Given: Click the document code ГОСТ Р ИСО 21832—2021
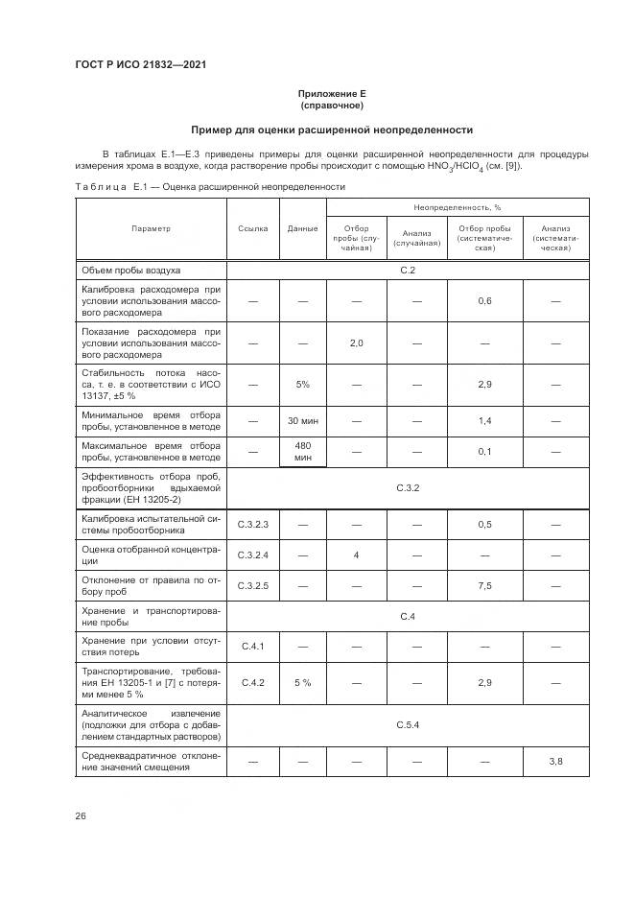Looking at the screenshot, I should [140, 65].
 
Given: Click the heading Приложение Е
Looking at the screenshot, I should [332, 93].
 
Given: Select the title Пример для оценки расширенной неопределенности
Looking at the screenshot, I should [332, 130].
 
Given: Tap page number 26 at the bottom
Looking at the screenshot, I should [82, 815].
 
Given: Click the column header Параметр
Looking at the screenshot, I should [151, 228].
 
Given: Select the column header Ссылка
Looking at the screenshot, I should [252, 228].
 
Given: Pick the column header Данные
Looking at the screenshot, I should [302, 228].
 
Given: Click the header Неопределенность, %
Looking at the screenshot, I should [458, 206].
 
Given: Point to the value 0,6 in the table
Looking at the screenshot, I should [484, 301].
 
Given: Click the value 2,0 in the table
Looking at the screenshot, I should [356, 342].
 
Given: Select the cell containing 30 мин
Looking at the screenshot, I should [302, 421].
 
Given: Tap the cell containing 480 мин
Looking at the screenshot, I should [302, 452].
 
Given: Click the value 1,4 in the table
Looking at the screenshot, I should [484, 421].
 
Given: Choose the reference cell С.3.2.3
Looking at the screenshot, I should [252, 524].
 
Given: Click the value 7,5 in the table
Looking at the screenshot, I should [484, 585].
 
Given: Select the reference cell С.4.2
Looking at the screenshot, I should [252, 683].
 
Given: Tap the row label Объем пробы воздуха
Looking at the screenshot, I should [131, 271].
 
